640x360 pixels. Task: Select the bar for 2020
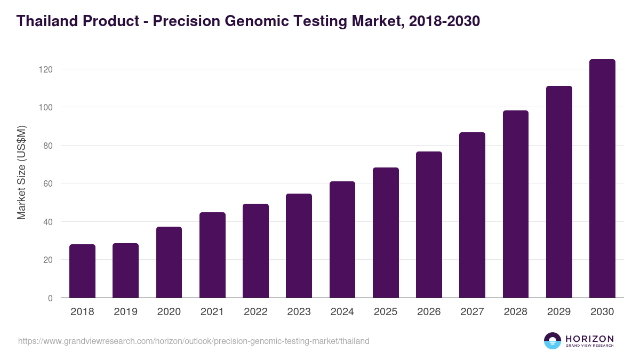[x=169, y=262]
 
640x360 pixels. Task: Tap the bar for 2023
[x=299, y=246]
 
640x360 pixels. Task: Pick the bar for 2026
[x=429, y=225]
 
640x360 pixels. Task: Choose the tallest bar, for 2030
[x=602, y=179]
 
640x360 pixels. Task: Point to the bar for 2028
[x=515, y=204]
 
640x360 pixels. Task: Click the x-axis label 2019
[x=125, y=312]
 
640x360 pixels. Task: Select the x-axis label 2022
[x=255, y=312]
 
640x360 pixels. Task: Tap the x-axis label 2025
[x=386, y=312]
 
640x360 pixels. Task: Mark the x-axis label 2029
[x=559, y=312]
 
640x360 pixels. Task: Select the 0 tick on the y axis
[x=50, y=298]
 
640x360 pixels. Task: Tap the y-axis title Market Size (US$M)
[x=21, y=172]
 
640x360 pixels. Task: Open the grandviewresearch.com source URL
[x=194, y=341]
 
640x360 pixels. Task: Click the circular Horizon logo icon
[x=553, y=341]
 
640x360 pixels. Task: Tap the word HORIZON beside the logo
[x=589, y=338]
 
